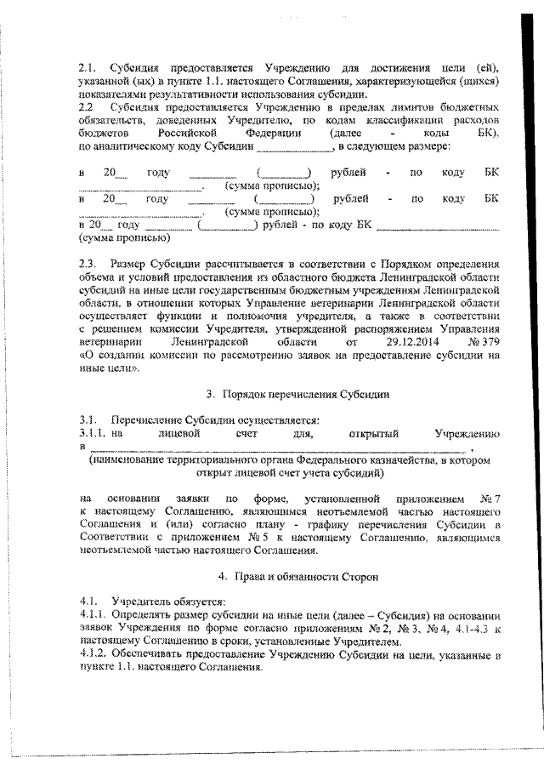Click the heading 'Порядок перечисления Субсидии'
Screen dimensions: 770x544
tap(305, 394)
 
